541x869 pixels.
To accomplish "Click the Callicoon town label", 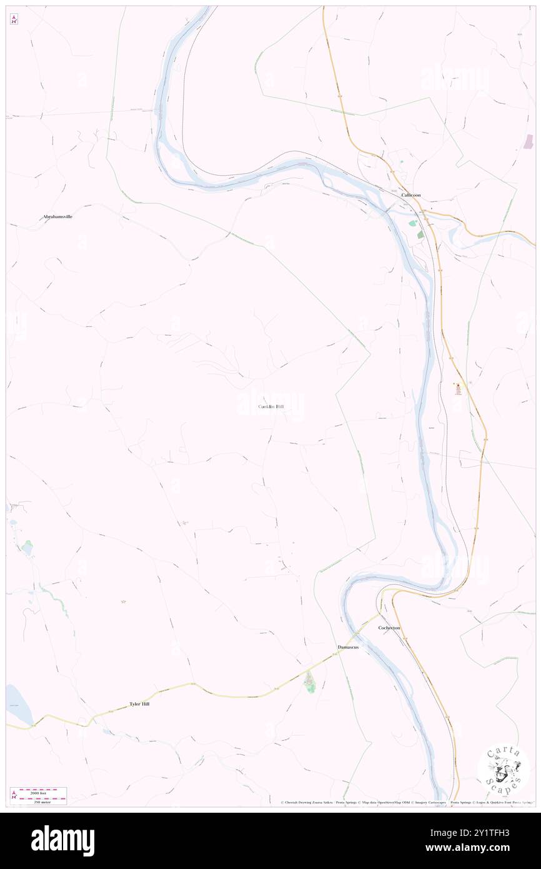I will click(x=410, y=195).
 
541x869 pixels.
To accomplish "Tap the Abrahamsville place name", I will click(x=57, y=216).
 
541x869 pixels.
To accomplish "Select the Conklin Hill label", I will click(x=270, y=407).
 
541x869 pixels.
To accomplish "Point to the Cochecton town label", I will click(x=389, y=628).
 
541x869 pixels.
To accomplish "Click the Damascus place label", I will click(x=348, y=646).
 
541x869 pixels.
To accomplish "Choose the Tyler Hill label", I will click(x=139, y=704).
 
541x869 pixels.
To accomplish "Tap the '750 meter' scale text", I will click(x=42, y=801).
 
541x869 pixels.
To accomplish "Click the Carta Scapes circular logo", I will click(x=504, y=768).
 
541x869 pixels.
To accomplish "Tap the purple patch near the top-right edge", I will click(x=529, y=142).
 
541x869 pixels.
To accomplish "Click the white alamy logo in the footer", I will click(x=62, y=840).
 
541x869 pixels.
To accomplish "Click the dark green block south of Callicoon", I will click(x=420, y=234).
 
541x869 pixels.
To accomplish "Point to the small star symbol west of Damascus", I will click(x=123, y=601).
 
